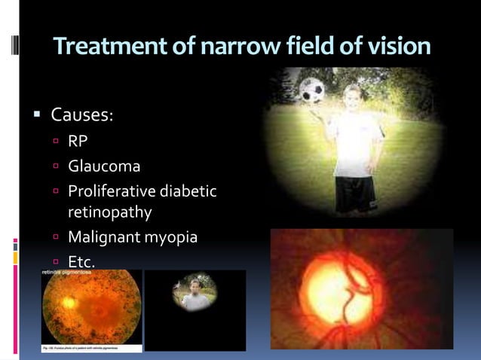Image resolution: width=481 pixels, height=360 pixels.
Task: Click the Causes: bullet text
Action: (x=81, y=117)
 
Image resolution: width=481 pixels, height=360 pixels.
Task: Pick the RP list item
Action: (x=78, y=141)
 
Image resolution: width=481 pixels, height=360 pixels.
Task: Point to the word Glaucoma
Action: (x=104, y=166)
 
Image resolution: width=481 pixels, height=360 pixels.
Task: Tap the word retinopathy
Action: (x=110, y=213)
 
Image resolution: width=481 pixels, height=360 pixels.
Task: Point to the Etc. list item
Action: (x=82, y=262)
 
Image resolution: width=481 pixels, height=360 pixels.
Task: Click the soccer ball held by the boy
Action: (x=311, y=90)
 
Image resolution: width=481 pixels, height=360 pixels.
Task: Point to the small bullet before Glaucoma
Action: (x=57, y=166)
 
